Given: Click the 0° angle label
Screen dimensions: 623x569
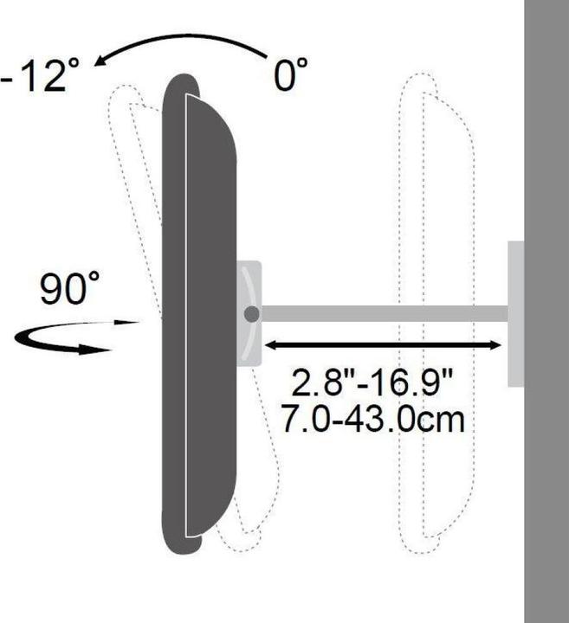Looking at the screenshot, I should tap(291, 75).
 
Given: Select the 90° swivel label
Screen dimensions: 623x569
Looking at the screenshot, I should tap(70, 290).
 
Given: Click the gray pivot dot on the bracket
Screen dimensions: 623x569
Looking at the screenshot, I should tap(251, 314).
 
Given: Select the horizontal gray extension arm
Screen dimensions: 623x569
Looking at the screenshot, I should tap(381, 313).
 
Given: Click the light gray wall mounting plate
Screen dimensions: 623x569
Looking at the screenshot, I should tap(515, 313).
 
